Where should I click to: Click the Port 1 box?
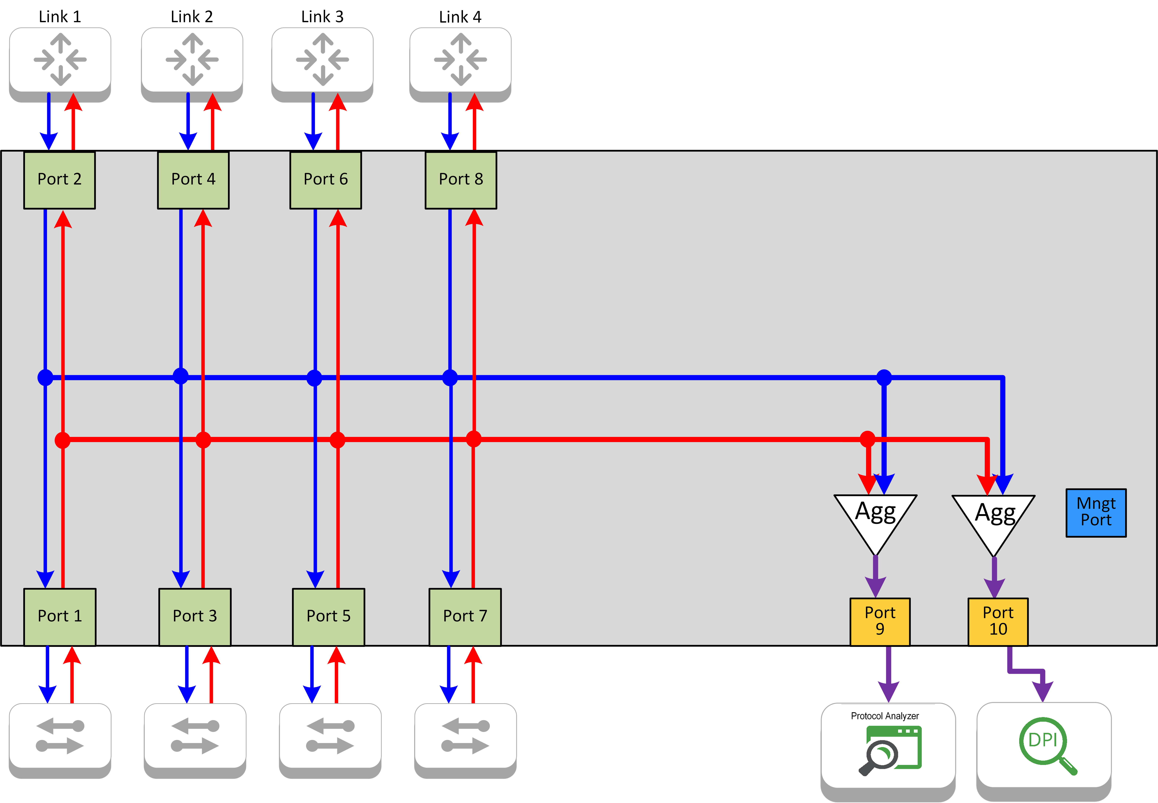pos(60,616)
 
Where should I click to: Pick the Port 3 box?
pos(195,616)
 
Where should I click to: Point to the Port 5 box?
pos(328,616)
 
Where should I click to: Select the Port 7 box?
pos(465,616)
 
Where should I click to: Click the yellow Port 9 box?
pos(880,621)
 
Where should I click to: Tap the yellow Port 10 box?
pos(998,621)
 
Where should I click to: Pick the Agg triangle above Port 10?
pos(993,518)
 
